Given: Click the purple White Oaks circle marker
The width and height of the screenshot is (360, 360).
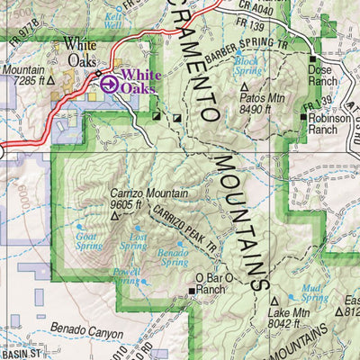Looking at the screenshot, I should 108,84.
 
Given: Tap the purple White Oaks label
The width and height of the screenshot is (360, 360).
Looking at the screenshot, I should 139,82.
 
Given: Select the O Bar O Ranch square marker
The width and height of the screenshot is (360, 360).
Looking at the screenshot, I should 192,291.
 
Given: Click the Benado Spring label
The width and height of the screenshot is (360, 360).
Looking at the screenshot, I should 173,256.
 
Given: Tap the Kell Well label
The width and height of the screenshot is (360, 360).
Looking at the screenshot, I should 112,21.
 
